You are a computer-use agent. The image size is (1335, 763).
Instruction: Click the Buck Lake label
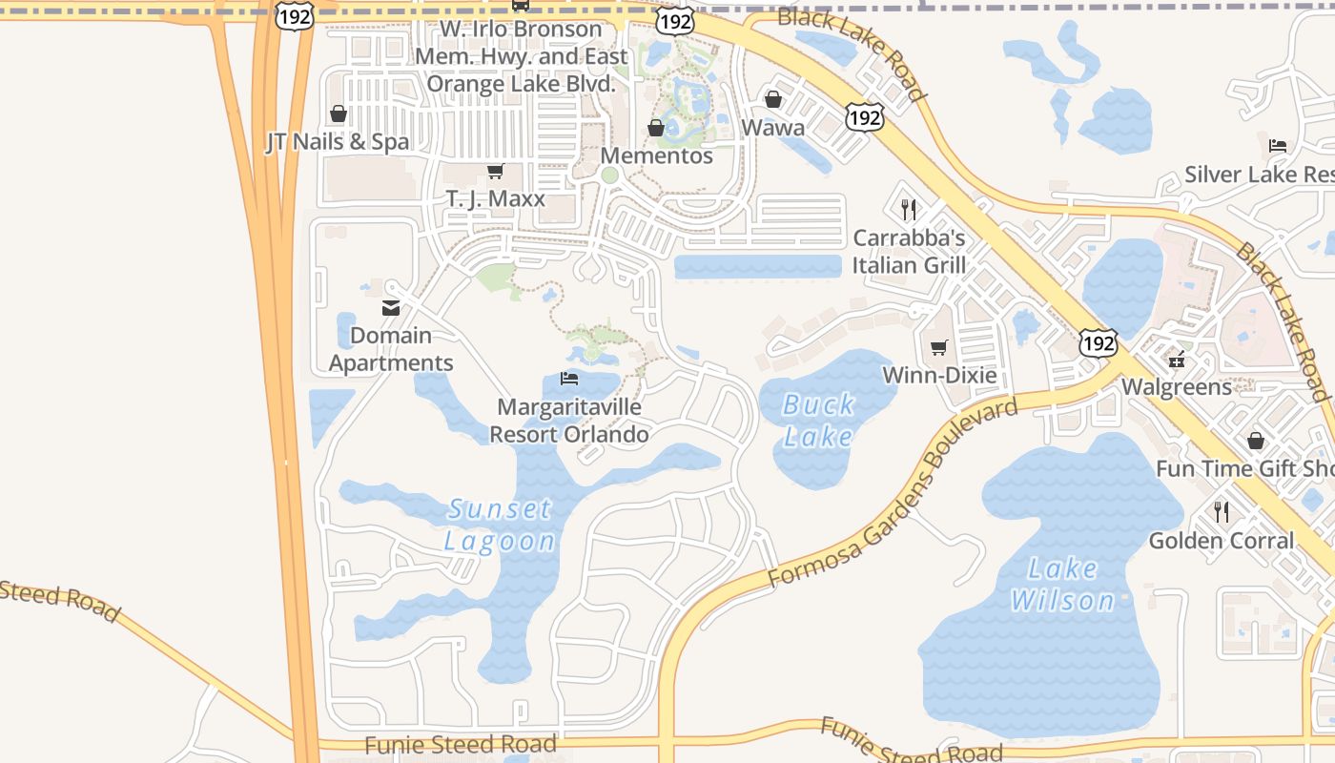[x=818, y=420]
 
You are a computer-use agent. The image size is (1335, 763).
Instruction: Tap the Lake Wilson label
[x=1062, y=584]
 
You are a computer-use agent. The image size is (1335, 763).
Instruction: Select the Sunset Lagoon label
[x=501, y=525]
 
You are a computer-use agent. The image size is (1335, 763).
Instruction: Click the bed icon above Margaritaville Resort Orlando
[x=569, y=379]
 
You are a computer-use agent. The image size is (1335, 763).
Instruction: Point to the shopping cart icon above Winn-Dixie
[x=939, y=347]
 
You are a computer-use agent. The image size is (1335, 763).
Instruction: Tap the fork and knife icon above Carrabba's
[x=909, y=209]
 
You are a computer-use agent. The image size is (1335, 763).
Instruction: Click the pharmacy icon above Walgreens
[x=1178, y=360]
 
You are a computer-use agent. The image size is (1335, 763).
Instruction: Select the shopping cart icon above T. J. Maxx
[x=495, y=172]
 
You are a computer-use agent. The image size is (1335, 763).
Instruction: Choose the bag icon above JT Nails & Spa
[x=338, y=114]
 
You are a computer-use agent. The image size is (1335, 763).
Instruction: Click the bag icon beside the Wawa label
[x=773, y=99]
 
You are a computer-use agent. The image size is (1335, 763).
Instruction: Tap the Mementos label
[x=658, y=155]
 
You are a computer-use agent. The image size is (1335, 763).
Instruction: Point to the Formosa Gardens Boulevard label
[x=893, y=493]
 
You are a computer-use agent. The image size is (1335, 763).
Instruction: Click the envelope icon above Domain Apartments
[x=391, y=307]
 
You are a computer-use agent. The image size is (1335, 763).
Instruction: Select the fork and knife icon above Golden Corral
[x=1222, y=512]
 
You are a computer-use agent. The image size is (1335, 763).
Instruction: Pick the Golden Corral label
[x=1222, y=541]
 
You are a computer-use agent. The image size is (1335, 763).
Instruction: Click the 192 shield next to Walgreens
[x=1099, y=343]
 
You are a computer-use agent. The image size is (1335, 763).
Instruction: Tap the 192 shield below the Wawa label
[x=863, y=117]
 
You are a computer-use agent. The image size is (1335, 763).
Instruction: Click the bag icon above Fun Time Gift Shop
[x=1256, y=441]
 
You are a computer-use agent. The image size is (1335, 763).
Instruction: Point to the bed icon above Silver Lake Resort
[x=1278, y=146]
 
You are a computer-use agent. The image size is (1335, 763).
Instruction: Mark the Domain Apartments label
[x=391, y=349]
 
